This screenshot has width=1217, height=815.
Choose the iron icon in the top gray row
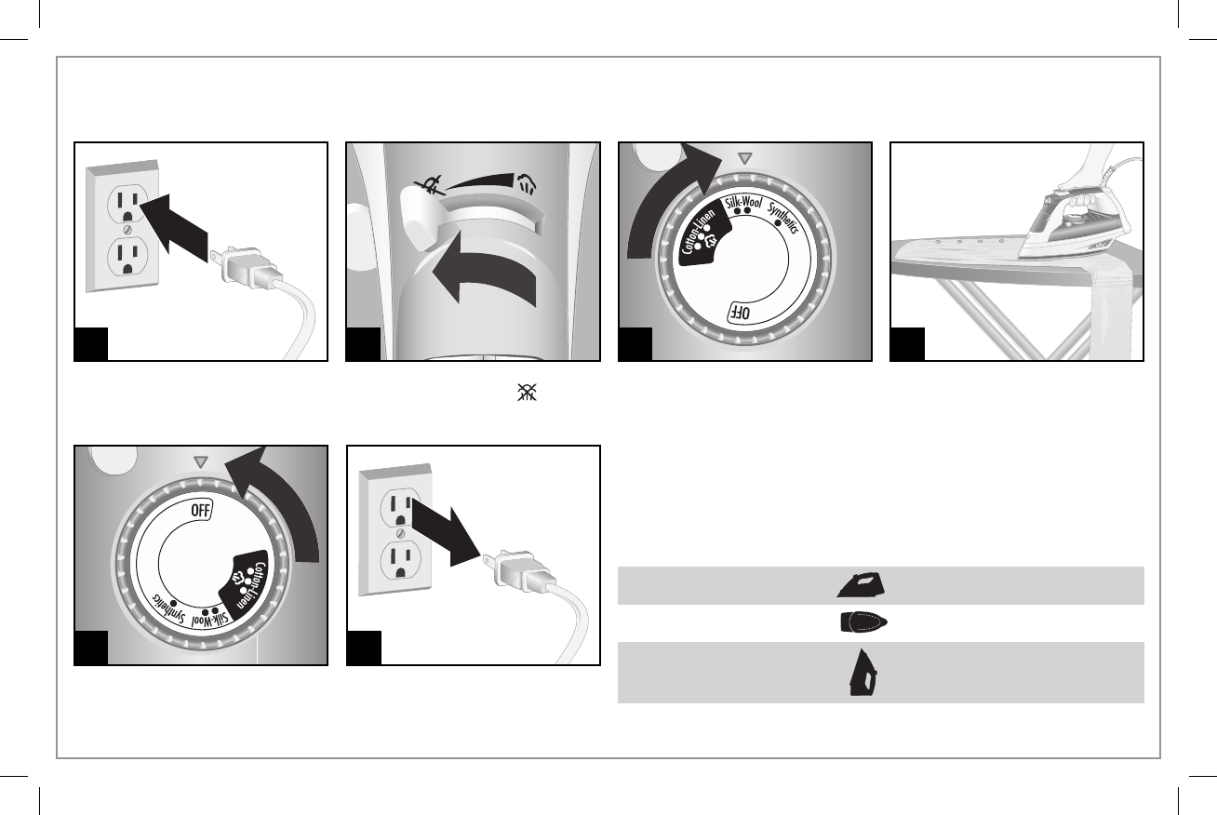point(860,584)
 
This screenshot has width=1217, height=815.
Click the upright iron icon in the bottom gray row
point(862,672)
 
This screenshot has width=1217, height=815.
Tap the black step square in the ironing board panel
point(907,344)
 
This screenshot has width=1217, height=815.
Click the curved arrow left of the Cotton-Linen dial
point(666,205)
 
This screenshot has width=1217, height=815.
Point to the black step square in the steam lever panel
point(363,344)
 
